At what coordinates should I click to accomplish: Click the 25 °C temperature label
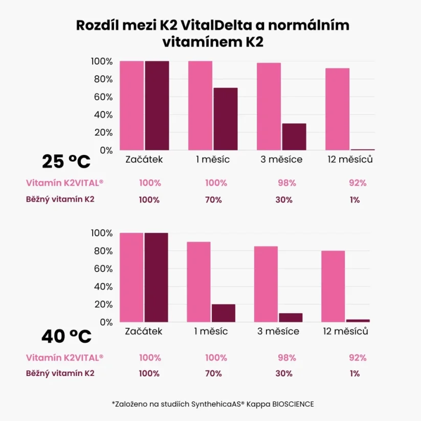[66, 162]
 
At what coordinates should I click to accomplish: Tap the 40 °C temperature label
[66, 336]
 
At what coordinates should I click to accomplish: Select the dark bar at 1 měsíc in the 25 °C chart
[225, 119]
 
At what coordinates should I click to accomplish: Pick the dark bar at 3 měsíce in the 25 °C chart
[294, 137]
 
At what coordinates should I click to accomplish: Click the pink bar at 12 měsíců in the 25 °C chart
[337, 109]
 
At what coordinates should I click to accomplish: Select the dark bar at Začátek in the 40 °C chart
[156, 277]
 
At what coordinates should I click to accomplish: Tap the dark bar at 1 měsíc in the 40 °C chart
[223, 313]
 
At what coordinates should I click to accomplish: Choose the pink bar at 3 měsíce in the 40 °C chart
[266, 284]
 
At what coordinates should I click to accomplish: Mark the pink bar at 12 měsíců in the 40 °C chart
[333, 286]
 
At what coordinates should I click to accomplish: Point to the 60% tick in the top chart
[102, 97]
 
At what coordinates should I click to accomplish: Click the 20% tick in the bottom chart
[102, 304]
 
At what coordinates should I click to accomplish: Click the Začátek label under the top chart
[144, 160]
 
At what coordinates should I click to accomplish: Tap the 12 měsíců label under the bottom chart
[346, 331]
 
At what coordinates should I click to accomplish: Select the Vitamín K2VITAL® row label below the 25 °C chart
[64, 183]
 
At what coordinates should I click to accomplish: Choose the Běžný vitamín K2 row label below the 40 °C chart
[60, 373]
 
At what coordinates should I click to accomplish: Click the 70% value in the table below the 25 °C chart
[213, 200]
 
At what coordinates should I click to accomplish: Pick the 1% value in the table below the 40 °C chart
[354, 373]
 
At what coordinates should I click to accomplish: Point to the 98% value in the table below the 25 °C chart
[284, 183]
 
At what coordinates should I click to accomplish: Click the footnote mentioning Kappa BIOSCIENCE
[212, 404]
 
